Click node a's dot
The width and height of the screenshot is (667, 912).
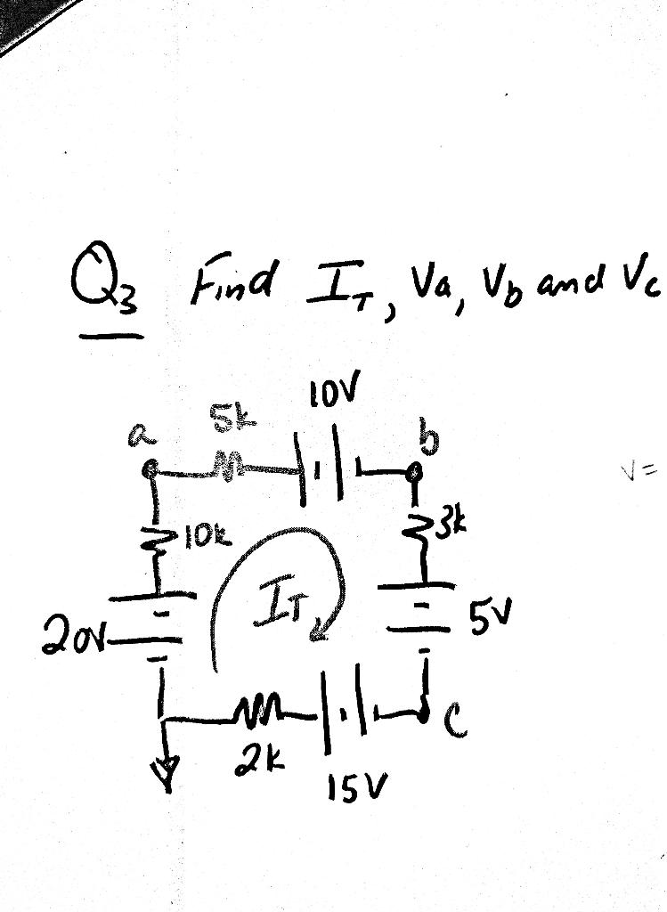[x=152, y=465]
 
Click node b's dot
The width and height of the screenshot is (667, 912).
[x=411, y=472]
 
